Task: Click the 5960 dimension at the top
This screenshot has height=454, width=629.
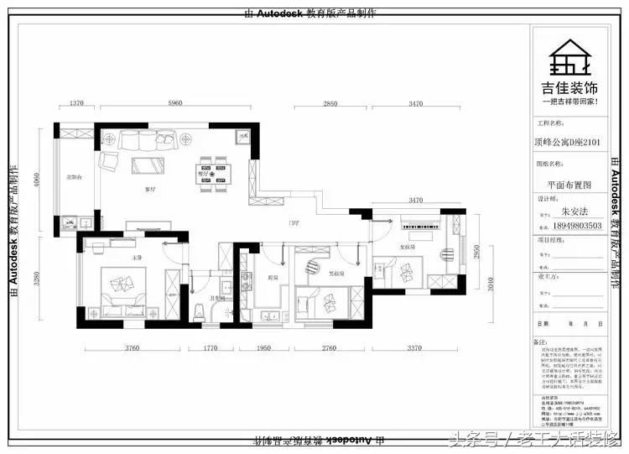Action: click(x=174, y=102)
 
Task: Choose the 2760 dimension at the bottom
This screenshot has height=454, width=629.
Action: click(x=328, y=347)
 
